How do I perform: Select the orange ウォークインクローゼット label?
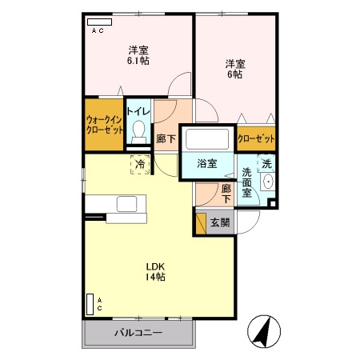(103, 124)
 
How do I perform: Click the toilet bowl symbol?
(139, 131)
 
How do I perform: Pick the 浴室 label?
(207, 163)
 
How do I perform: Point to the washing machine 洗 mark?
(267, 164)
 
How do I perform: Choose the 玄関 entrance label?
(219, 223)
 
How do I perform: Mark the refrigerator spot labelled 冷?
(140, 165)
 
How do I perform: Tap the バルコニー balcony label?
(138, 332)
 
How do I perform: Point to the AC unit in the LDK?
(89, 304)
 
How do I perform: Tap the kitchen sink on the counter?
(127, 204)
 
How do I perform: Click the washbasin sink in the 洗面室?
(266, 183)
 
